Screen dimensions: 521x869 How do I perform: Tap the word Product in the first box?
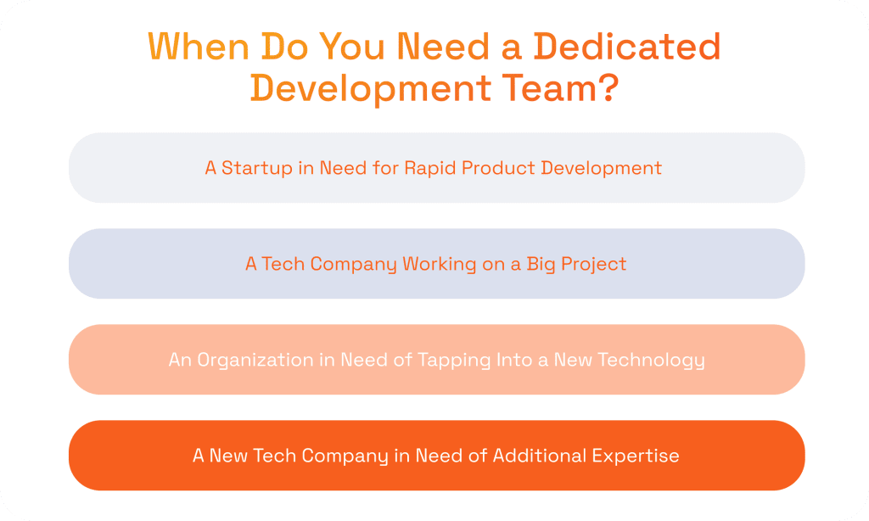496,168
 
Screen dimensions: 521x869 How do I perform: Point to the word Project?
595,264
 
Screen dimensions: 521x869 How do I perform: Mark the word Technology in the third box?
651,360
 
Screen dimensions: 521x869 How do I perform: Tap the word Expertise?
639,456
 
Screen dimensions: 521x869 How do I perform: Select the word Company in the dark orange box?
346,456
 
